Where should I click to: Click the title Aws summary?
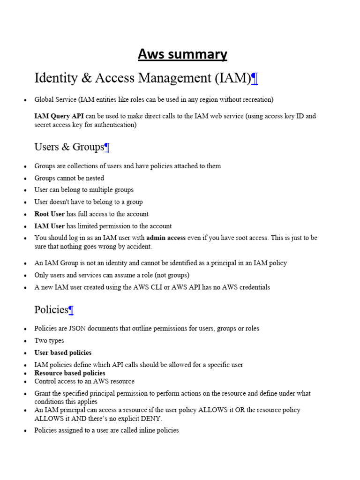(182, 54)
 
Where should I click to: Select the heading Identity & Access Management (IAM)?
(142, 78)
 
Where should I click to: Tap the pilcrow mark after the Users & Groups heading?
(107, 147)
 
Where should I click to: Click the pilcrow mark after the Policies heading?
(71, 310)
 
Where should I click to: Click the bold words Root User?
(49, 214)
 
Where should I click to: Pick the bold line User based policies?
(63, 352)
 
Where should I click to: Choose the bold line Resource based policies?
(70, 373)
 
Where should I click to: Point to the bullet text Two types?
(49, 341)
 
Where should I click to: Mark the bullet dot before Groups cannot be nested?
(24, 179)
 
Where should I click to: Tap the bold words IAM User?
(49, 226)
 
